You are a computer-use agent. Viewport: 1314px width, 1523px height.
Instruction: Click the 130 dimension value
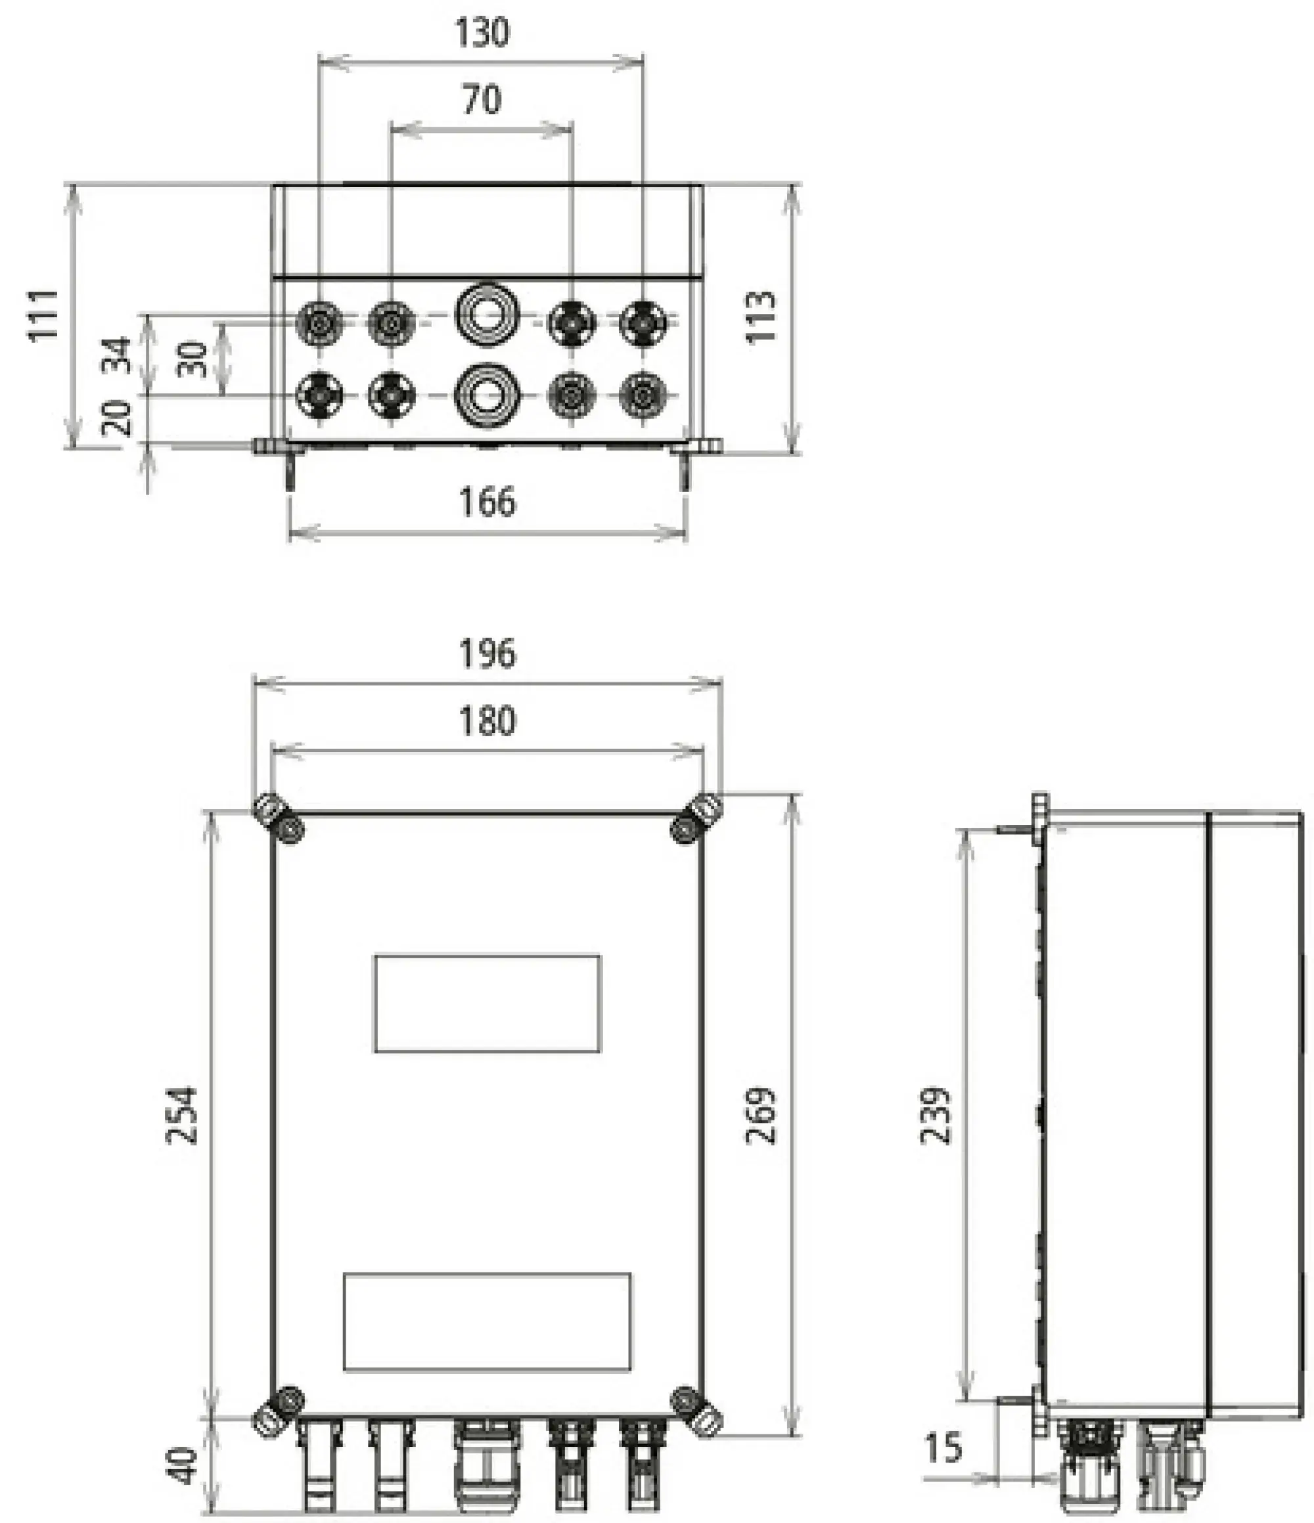[482, 33]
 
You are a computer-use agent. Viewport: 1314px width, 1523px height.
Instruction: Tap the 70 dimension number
[482, 99]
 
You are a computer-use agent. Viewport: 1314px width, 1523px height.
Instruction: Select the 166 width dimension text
[487, 502]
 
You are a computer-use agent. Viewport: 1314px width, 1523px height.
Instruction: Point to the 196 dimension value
[487, 653]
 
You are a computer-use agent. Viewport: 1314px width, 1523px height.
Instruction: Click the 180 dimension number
[487, 721]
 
